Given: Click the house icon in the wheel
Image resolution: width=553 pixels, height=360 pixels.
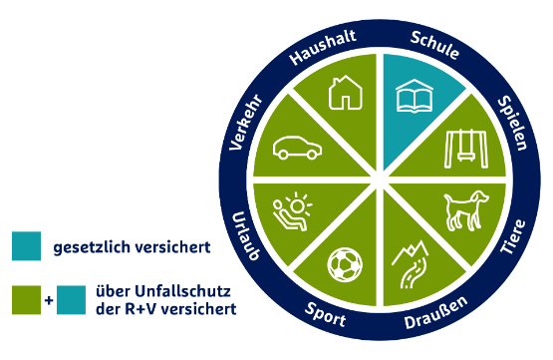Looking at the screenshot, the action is coord(345,92).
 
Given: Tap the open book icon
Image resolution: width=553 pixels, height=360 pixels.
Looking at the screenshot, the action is coord(413,98).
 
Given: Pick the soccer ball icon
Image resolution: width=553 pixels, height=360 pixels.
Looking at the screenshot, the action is coord(346,264).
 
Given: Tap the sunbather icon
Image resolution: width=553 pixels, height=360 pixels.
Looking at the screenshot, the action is coord(291,211).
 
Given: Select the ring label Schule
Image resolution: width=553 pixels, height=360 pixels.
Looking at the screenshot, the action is coord(434,45).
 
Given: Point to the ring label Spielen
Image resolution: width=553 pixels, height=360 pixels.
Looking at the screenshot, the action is coord(512,123).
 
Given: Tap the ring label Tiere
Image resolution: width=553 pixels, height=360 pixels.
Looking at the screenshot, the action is coord(513,238).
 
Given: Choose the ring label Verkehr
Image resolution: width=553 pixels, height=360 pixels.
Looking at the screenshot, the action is coord(244,122).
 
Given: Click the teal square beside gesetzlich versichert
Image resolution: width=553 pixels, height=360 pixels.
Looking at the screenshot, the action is coord(27,246).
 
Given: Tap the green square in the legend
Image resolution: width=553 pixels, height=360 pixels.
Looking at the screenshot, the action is coord(27,300).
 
